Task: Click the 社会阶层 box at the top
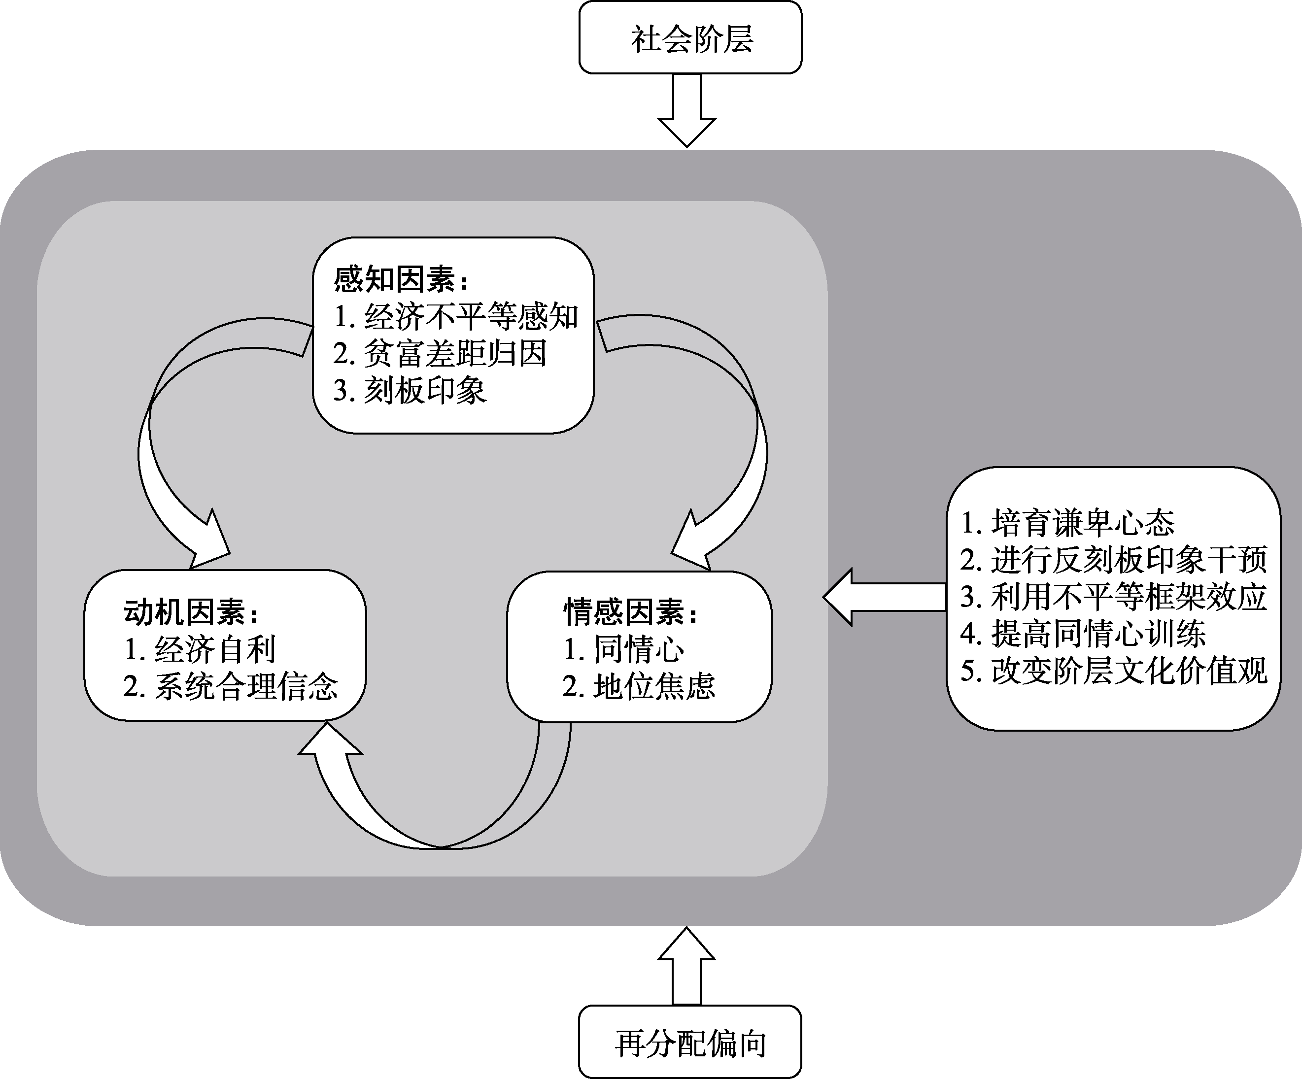tap(690, 38)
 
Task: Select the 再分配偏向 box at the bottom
tap(690, 1043)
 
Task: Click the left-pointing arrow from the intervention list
tap(884, 596)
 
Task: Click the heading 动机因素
tap(191, 612)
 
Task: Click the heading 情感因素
tap(630, 612)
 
